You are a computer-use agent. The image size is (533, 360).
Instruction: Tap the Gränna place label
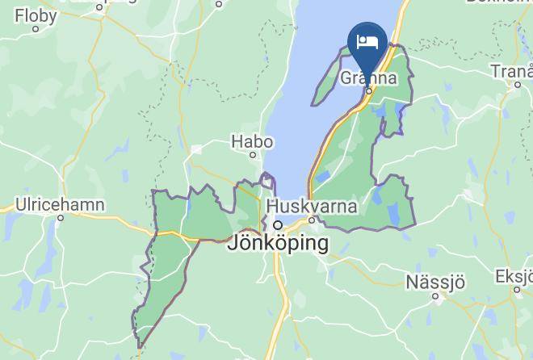click(x=369, y=78)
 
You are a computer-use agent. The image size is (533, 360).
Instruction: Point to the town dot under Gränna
click(x=369, y=91)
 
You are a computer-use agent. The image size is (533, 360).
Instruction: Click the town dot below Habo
click(x=253, y=154)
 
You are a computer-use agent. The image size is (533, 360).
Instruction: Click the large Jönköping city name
click(x=279, y=242)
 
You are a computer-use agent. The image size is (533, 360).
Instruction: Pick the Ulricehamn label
click(x=61, y=205)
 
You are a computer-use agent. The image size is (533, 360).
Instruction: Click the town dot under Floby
click(x=36, y=28)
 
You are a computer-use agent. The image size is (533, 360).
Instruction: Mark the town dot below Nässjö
click(x=435, y=296)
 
